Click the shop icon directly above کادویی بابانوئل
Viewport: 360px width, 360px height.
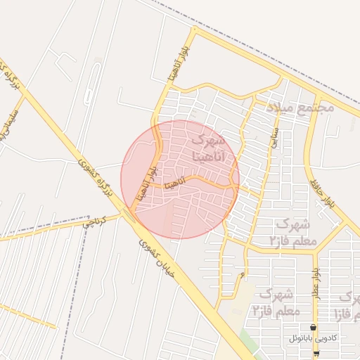point(313,328)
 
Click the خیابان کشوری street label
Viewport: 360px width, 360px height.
point(148,246)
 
